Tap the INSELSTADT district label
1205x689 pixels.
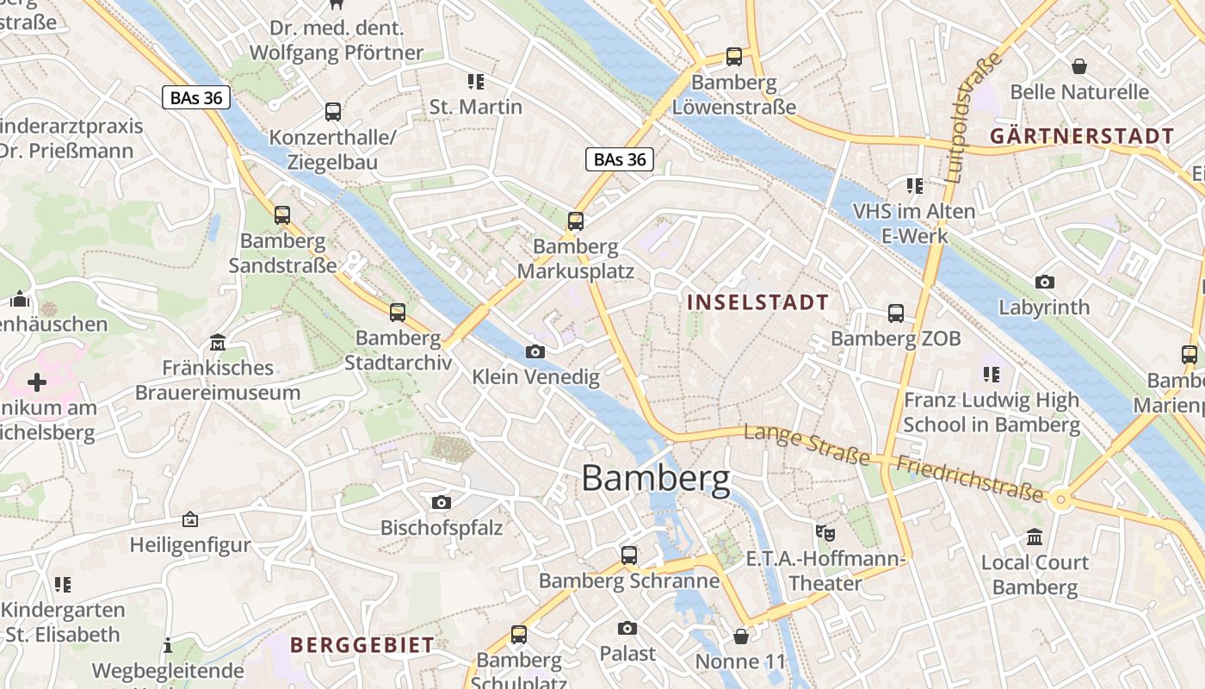[x=757, y=302]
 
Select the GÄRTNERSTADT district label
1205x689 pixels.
[x=1081, y=136]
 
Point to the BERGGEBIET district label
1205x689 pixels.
[x=361, y=645]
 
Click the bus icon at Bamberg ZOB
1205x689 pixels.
[x=896, y=313]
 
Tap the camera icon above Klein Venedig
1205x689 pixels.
[x=535, y=351]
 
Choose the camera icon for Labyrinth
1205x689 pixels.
[x=1044, y=282]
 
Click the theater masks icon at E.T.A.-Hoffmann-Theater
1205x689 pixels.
[x=825, y=532]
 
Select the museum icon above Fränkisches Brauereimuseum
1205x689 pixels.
[x=218, y=343]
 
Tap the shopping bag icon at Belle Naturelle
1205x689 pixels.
[x=1078, y=66]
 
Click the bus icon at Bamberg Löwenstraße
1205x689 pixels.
[x=734, y=57]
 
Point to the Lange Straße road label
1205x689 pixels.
[x=806, y=444]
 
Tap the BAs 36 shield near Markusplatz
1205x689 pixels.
[x=620, y=159]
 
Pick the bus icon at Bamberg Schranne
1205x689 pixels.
[x=629, y=556]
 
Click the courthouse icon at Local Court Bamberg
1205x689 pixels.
[x=1035, y=537]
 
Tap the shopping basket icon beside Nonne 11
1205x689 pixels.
[x=740, y=636]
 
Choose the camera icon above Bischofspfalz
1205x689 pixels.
[x=442, y=502]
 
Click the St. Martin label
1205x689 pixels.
[x=476, y=107]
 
